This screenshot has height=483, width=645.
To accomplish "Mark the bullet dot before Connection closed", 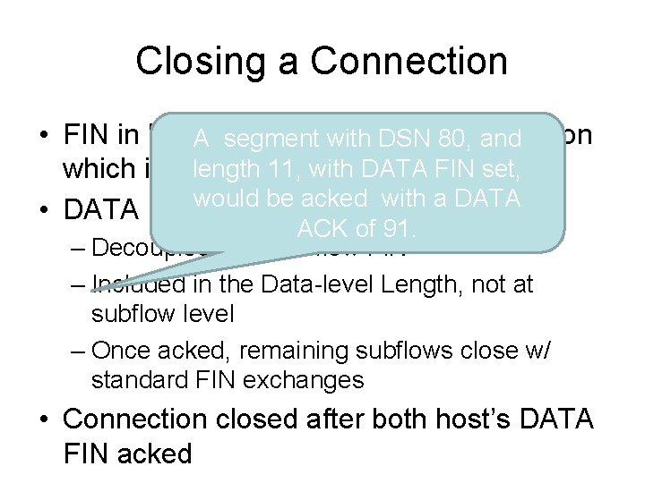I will [45, 419].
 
